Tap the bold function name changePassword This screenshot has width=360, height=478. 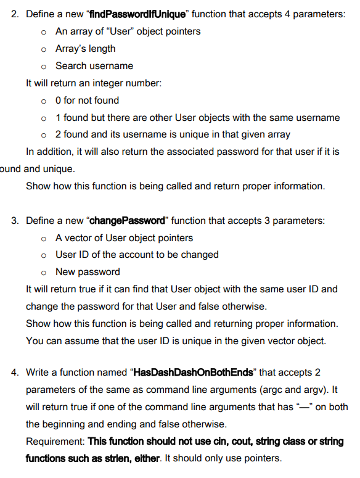pyautogui.click(x=131, y=221)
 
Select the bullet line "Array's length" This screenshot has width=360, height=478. pyautogui.click(x=85, y=48)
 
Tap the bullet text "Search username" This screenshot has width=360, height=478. pyautogui.click(x=94, y=65)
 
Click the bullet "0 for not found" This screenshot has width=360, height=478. pyautogui.click(x=87, y=100)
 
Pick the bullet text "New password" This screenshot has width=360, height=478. pyautogui.click(x=88, y=271)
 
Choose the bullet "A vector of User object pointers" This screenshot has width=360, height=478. pyautogui.click(x=124, y=237)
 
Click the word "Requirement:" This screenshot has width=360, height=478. pyautogui.click(x=55, y=441)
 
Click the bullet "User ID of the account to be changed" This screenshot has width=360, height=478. pyautogui.click(x=137, y=254)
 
